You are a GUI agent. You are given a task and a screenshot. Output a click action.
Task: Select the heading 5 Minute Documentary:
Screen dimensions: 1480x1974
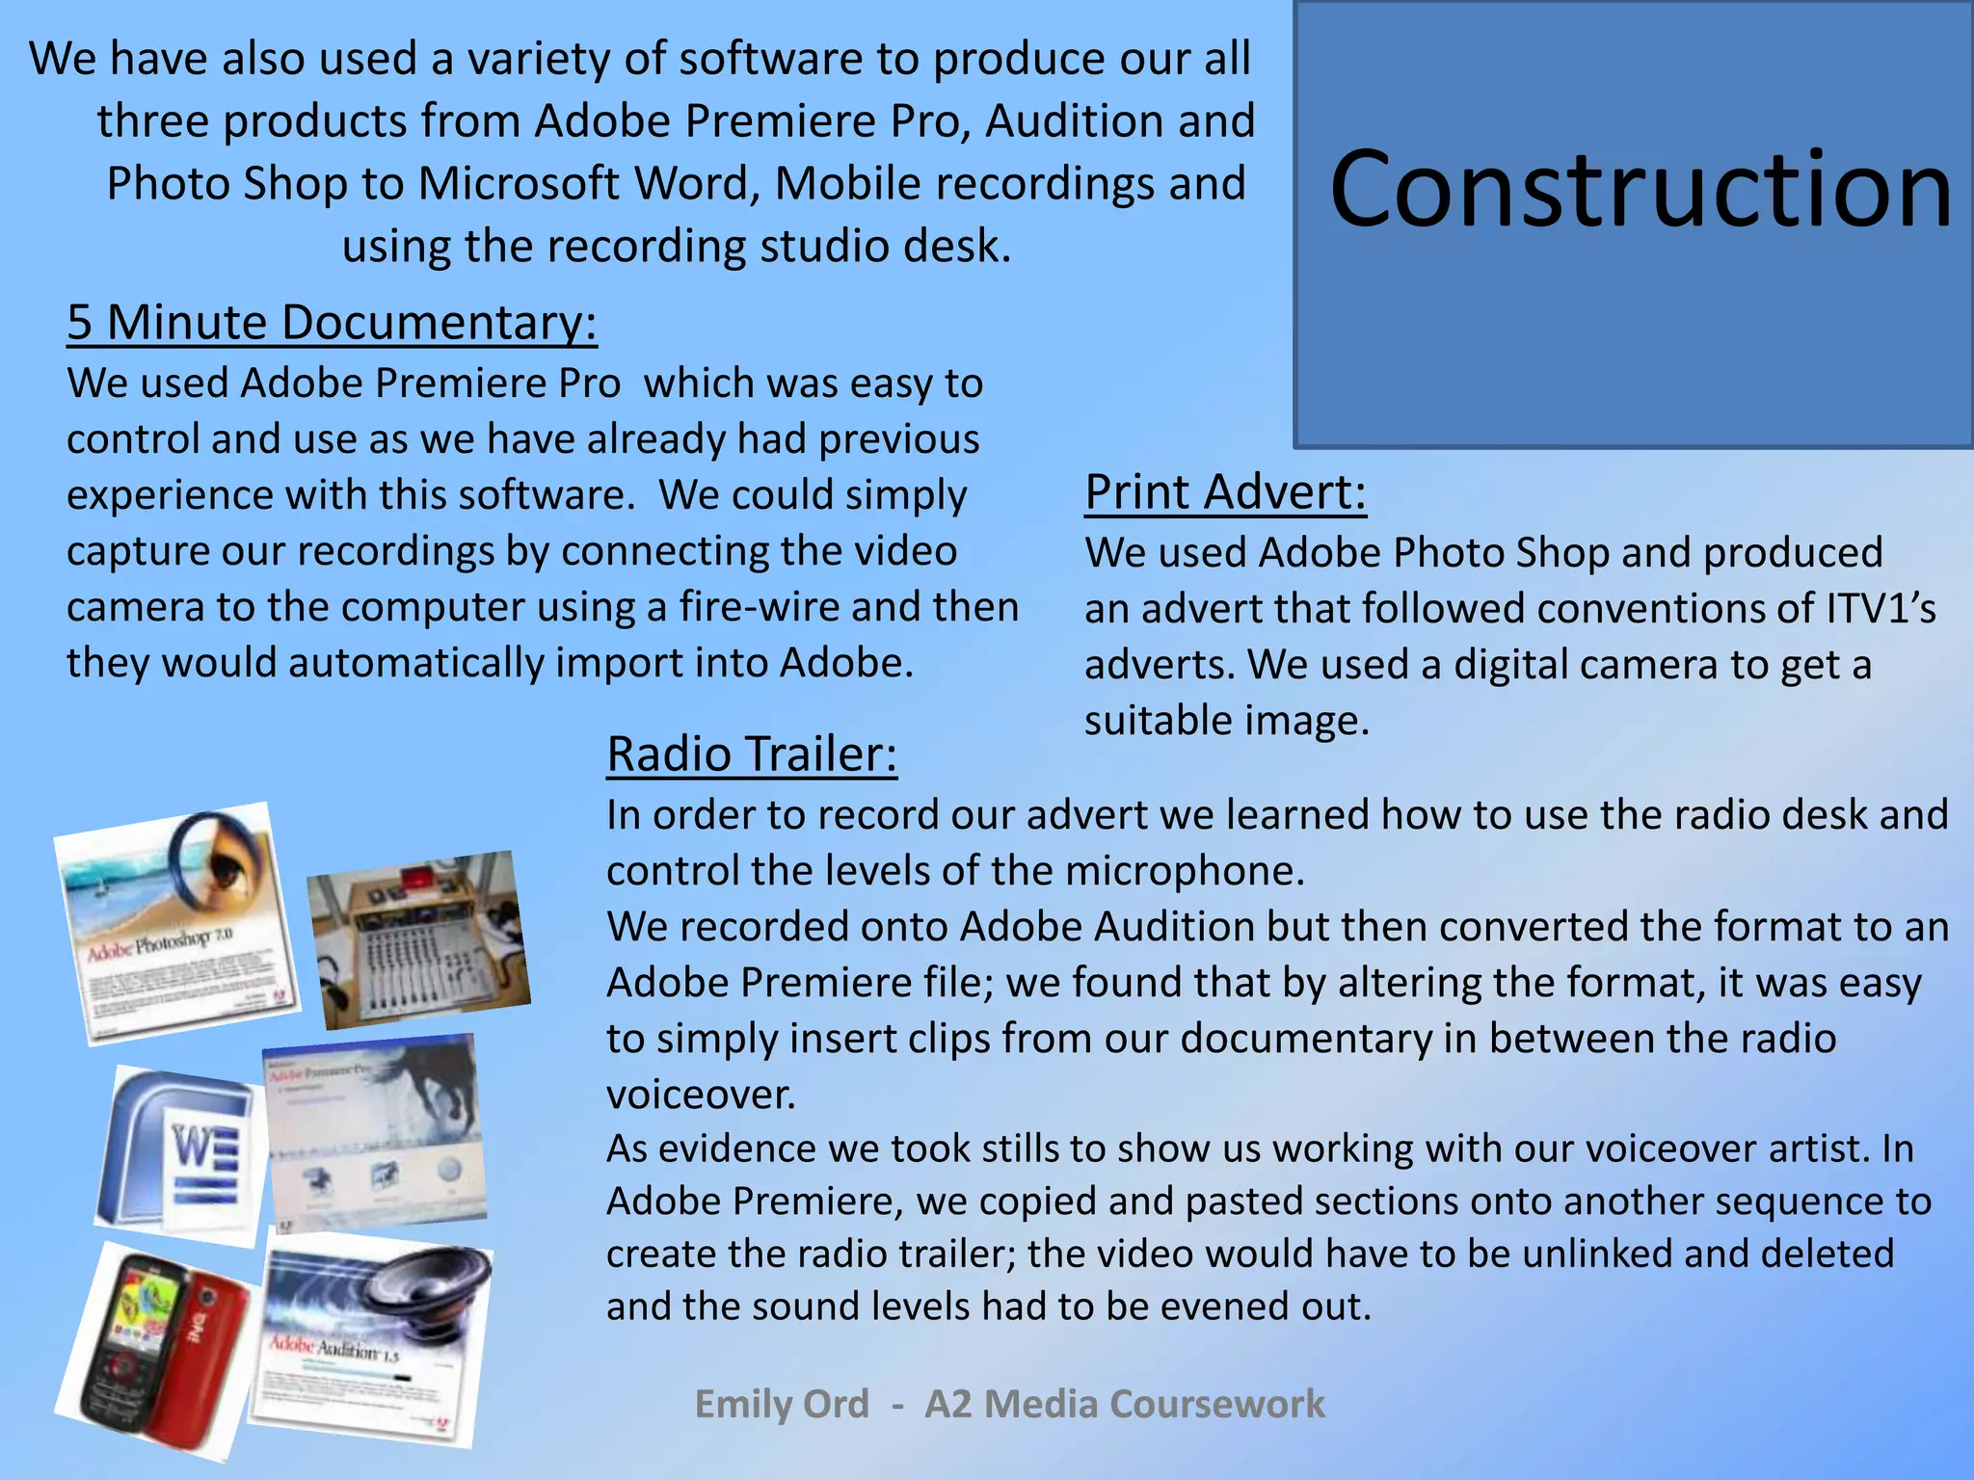click(332, 322)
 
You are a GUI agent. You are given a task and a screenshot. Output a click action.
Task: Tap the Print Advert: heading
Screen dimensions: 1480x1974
click(1225, 492)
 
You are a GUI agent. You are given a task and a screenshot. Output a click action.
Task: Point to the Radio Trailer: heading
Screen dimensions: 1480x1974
click(752, 753)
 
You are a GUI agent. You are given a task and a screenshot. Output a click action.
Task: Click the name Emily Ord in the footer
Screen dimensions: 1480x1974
click(782, 1404)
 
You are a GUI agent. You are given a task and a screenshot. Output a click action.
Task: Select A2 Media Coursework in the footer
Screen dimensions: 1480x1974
click(1124, 1404)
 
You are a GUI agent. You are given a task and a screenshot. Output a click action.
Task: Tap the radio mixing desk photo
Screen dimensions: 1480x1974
click(419, 939)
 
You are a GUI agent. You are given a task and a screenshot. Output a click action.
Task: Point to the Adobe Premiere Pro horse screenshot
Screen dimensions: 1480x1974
click(376, 1132)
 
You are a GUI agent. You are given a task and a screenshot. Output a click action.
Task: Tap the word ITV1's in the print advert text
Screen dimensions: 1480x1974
click(1881, 609)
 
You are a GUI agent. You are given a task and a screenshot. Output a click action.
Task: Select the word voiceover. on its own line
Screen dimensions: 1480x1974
click(701, 1095)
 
